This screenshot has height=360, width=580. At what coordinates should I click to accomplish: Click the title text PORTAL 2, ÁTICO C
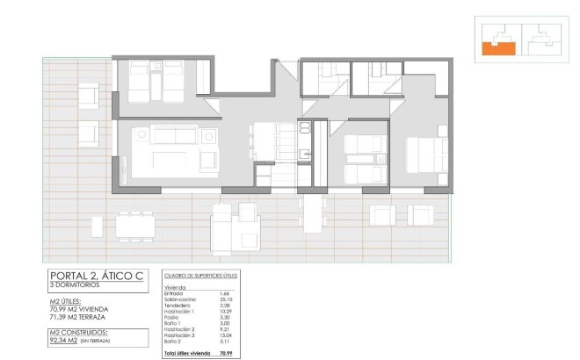(97, 277)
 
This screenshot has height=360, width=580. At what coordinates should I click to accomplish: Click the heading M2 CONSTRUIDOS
(78, 333)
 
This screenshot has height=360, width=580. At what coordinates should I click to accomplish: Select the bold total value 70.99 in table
(226, 353)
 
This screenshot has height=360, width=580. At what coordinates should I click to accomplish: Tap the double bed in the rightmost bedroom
(427, 156)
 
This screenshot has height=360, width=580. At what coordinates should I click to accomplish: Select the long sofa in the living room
(167, 134)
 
